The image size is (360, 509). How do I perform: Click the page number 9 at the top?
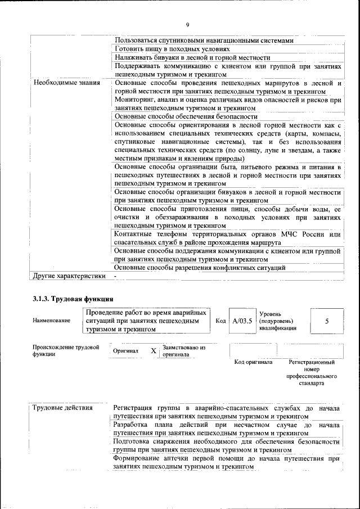(187, 24)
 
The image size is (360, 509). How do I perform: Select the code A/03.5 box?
(241, 321)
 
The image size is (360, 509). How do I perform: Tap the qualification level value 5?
(326, 321)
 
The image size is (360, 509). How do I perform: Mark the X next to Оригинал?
(153, 350)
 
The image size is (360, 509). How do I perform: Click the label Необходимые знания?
(66, 83)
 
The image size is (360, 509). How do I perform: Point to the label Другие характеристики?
(69, 276)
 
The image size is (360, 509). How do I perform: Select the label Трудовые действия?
(62, 408)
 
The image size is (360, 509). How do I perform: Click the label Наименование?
(52, 321)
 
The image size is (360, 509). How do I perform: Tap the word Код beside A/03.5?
(220, 321)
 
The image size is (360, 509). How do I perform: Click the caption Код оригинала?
(254, 362)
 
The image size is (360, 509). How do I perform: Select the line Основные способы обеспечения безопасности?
(186, 116)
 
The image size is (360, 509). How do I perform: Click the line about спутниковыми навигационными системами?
(204, 40)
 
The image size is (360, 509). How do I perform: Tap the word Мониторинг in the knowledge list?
(134, 100)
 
